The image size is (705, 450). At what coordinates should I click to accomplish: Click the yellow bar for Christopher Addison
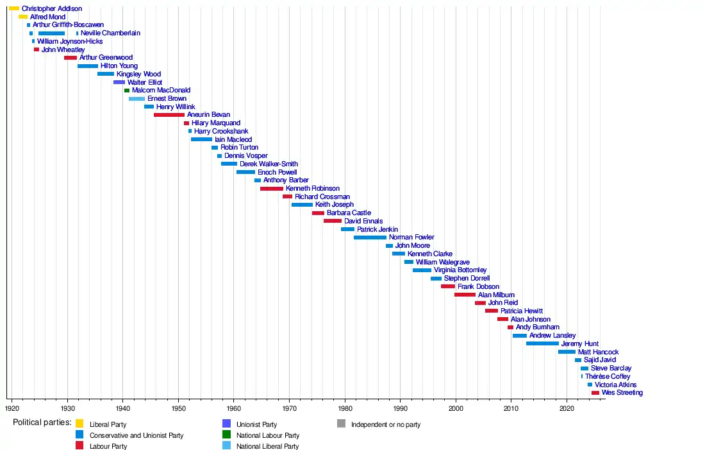point(14,8)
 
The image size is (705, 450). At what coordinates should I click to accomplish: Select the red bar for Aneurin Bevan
point(169,115)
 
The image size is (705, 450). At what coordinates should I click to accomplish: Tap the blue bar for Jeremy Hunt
point(542,343)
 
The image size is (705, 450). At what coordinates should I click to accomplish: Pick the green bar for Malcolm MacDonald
point(127,91)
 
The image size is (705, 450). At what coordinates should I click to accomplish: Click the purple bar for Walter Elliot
point(119,82)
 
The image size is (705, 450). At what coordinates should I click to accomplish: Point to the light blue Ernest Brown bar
point(137,99)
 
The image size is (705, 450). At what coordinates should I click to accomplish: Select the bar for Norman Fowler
point(370,238)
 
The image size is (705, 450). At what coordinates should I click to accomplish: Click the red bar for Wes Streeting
point(595,393)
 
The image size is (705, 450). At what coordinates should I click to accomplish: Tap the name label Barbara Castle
point(349,213)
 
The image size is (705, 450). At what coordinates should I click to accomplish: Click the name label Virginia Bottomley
point(460,270)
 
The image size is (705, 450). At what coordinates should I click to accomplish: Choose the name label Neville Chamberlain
point(110,33)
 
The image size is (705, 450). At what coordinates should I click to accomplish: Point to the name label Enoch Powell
point(278,172)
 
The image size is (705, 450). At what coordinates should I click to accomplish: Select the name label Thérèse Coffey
point(608,376)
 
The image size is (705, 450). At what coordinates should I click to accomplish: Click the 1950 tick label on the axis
point(178,408)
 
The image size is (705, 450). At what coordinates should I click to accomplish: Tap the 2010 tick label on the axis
point(511,408)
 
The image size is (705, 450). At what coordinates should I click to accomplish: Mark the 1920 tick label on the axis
point(12,408)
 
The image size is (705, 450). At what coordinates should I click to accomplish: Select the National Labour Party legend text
point(268,435)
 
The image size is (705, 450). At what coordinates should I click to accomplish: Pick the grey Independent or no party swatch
point(341,424)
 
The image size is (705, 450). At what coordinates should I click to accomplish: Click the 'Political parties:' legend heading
point(42,423)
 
